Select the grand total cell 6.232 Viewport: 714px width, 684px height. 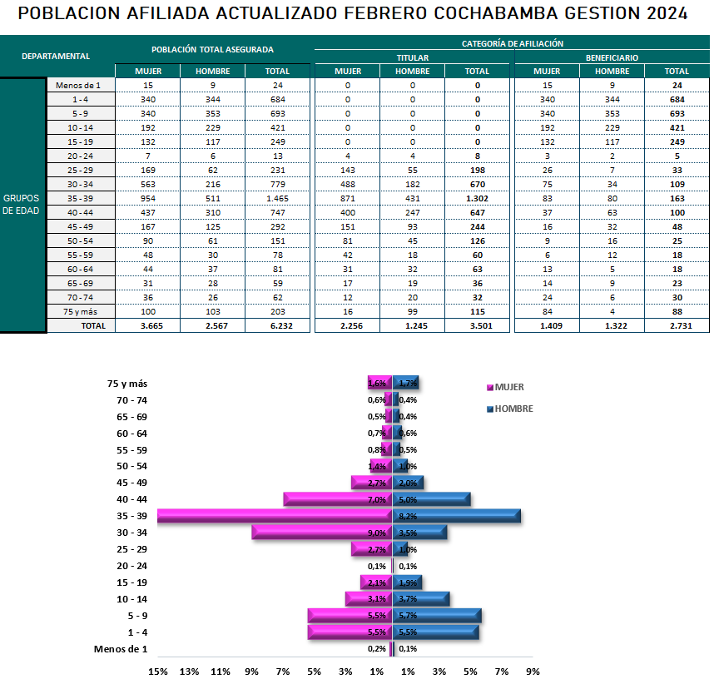[277, 326]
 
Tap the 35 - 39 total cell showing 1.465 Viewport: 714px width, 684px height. [277, 199]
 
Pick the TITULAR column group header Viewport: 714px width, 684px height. [413, 58]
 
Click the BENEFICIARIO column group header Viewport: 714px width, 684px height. [612, 58]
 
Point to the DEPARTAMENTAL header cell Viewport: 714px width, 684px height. [56, 57]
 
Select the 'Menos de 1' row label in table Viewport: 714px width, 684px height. [78, 86]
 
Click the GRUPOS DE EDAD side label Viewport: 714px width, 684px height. [22, 205]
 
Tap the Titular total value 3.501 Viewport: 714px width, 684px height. [477, 326]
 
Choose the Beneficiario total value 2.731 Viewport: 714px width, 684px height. [677, 326]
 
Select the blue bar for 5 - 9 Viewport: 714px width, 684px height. [436, 616]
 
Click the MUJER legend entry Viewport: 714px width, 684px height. [509, 387]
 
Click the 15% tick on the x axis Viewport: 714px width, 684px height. [157, 672]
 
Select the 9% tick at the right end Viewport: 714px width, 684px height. [533, 672]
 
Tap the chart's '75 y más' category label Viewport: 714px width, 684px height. [127, 384]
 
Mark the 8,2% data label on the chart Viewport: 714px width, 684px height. [408, 517]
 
